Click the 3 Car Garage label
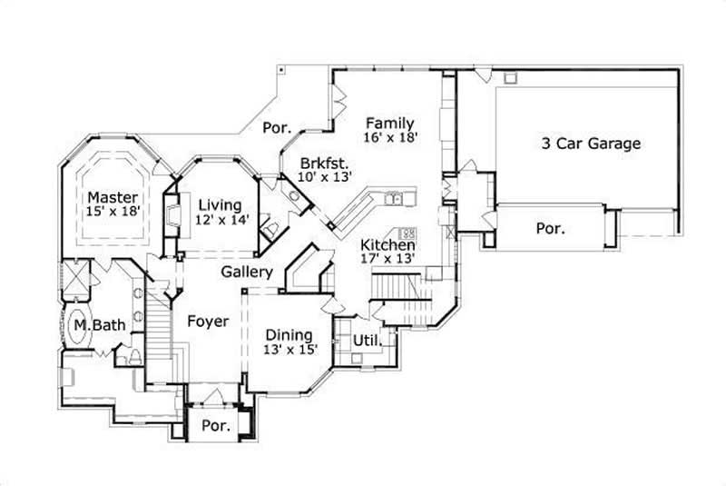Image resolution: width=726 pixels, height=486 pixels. [592, 144]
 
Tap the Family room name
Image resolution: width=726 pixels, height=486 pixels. [390, 124]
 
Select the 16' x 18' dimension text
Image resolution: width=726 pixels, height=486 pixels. [390, 138]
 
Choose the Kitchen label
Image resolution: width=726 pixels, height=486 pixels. [388, 244]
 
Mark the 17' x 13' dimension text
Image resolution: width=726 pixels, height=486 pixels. [388, 259]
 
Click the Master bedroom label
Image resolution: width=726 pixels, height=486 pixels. [113, 197]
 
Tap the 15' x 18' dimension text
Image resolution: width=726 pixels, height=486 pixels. [113, 212]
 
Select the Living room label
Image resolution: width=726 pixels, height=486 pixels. [221, 203]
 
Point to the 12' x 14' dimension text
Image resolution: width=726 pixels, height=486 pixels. [221, 218]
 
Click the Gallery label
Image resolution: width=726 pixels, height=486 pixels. [247, 272]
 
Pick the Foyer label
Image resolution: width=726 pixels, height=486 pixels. [208, 321]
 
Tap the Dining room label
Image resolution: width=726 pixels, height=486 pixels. [289, 334]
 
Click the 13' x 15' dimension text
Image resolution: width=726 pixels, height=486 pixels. [289, 349]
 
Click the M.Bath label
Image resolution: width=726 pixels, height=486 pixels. [93, 325]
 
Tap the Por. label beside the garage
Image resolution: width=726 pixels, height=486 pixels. [549, 229]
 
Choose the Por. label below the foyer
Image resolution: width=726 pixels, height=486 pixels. [214, 425]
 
